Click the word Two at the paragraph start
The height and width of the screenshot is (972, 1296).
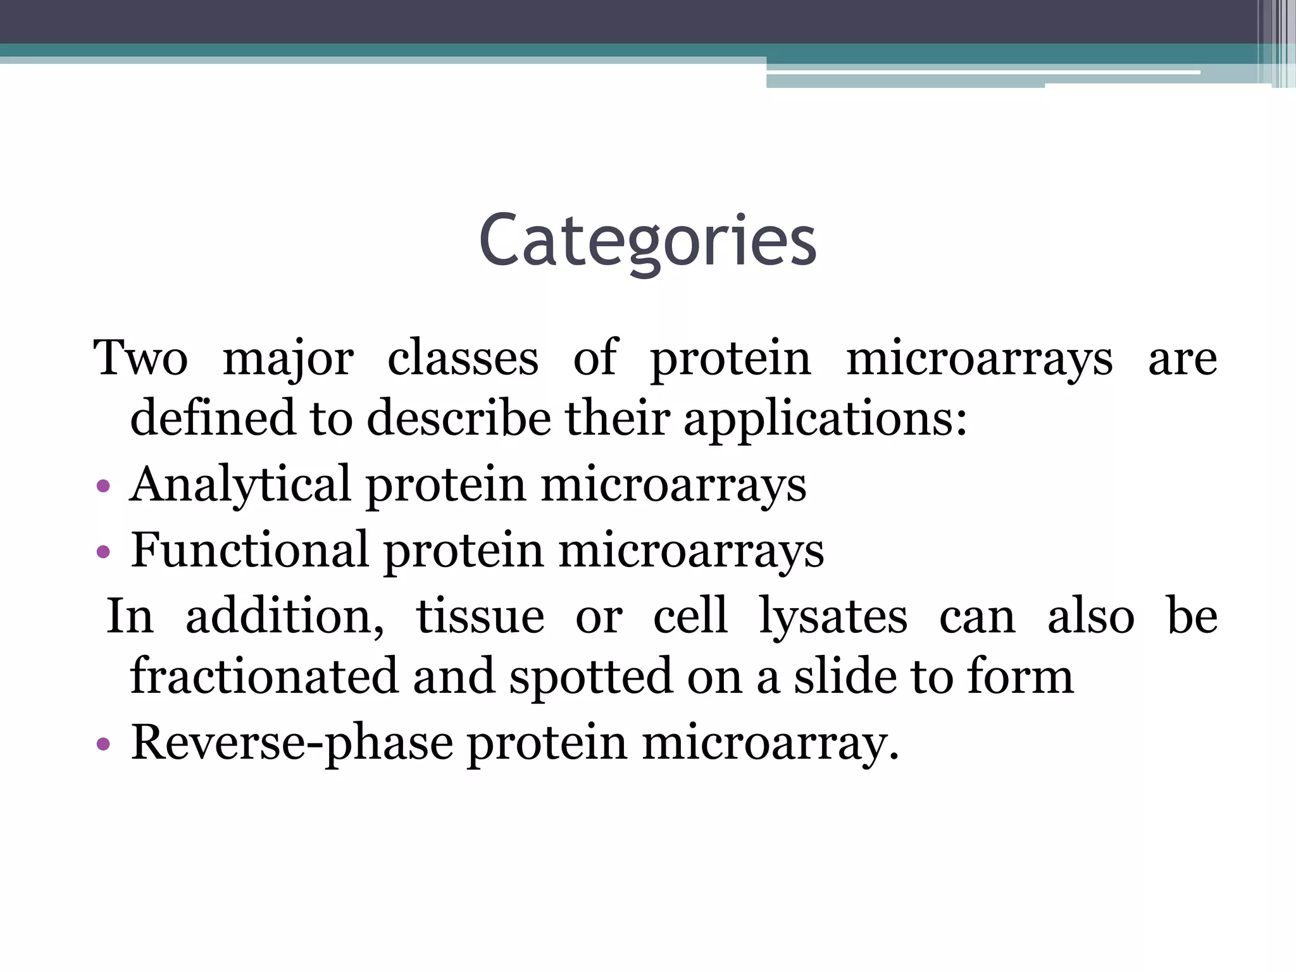tap(140, 358)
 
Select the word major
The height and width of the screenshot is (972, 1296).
tap(288, 359)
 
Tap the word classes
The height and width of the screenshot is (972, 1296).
tap(463, 358)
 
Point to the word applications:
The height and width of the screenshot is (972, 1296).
tap(825, 420)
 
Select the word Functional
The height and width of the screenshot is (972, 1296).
tap(249, 549)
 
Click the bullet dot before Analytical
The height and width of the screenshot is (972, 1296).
tap(103, 487)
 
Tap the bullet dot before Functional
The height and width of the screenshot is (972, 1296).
tap(103, 552)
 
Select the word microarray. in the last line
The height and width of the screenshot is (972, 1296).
tap(770, 743)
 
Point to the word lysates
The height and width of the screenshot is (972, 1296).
tap(833, 616)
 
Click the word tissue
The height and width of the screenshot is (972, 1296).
tap(480, 616)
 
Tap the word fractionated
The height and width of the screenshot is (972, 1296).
tap(264, 676)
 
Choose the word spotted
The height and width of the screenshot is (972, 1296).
tap(590, 677)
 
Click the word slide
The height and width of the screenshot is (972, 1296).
tap(845, 676)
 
